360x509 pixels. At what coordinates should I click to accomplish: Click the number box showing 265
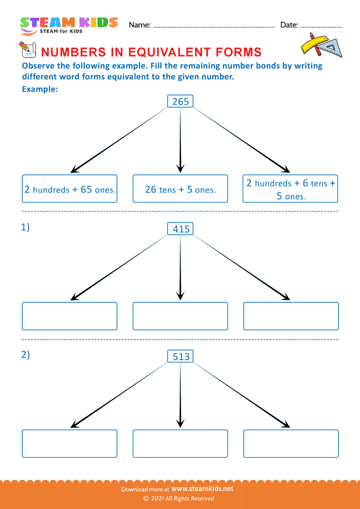180,102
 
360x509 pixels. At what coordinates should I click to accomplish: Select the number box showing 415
181,229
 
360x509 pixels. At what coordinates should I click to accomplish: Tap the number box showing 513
181,357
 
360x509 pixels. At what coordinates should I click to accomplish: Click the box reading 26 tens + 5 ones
180,189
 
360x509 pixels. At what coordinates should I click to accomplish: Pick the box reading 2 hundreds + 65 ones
70,189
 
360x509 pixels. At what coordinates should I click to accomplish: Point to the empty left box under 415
70,316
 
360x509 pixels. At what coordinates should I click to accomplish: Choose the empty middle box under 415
180,316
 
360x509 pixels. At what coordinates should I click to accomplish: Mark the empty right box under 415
291,316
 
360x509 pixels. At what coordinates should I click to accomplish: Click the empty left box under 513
70,443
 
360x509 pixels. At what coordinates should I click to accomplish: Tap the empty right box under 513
291,443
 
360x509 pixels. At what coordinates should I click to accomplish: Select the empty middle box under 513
180,443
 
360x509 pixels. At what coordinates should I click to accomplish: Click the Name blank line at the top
214,25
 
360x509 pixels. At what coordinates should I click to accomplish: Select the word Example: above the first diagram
40,90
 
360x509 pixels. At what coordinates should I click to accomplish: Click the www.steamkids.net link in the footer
206,489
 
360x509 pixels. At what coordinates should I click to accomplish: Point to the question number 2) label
25,355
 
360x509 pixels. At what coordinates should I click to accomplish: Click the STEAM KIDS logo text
69,23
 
